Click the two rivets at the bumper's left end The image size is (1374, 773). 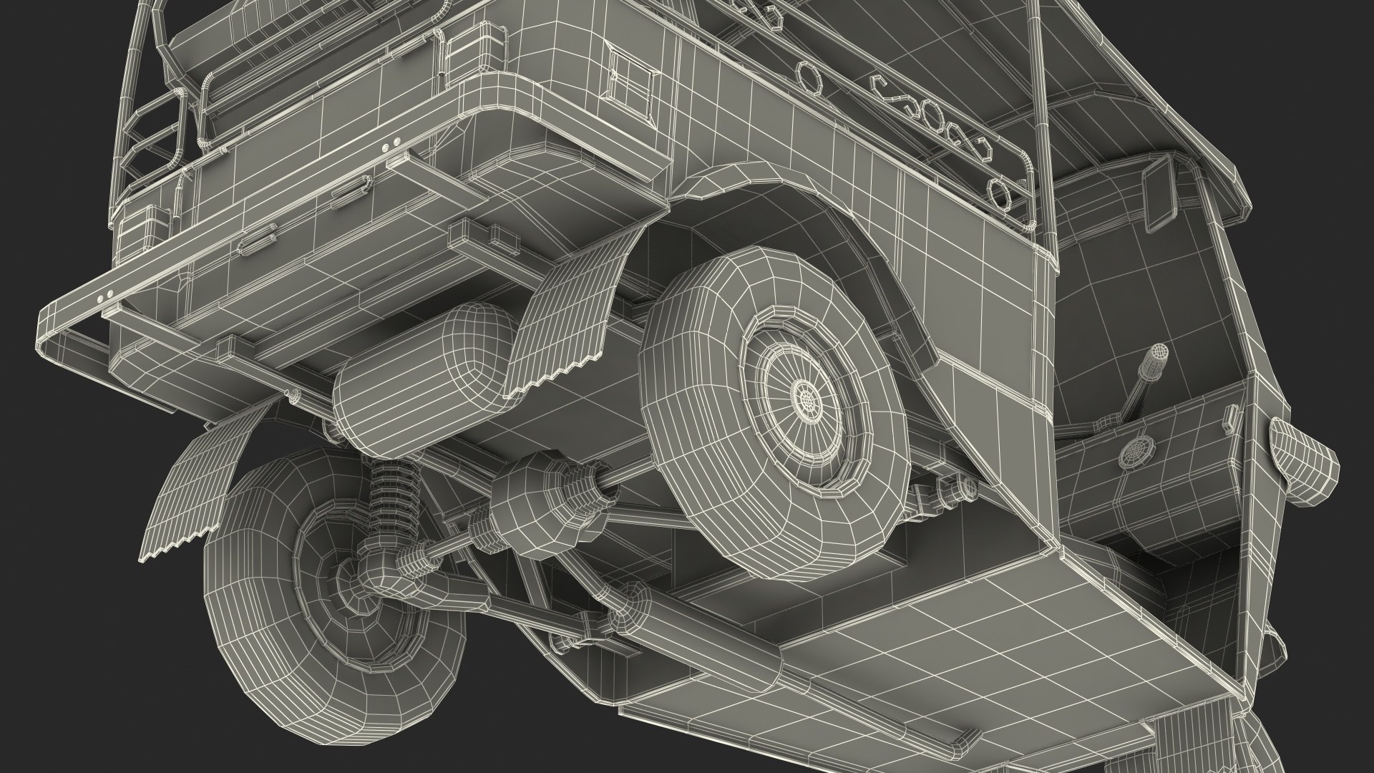[x=104, y=295]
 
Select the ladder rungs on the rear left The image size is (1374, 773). [x=162, y=136]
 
